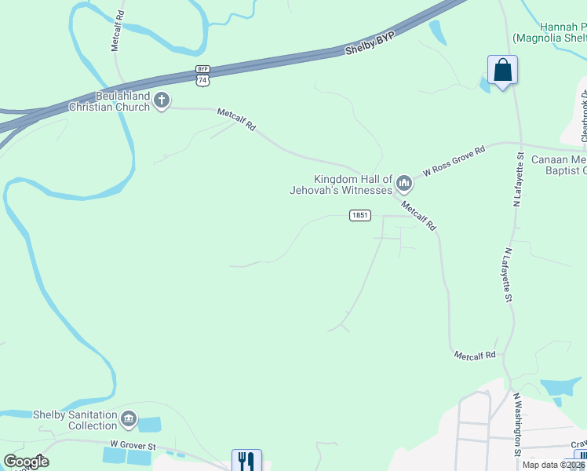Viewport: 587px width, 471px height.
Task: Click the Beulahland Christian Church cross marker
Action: point(162,100)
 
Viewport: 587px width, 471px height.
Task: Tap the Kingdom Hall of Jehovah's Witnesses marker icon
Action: point(404,184)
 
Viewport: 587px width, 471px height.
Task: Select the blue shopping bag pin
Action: point(502,71)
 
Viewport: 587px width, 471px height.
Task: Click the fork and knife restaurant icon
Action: point(246,460)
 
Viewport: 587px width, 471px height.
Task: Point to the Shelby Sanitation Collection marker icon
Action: point(129,420)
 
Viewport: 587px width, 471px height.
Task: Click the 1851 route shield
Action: point(359,215)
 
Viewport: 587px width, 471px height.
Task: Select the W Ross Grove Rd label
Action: point(454,159)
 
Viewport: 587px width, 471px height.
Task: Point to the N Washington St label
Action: point(517,425)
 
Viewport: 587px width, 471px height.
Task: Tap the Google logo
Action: point(26,462)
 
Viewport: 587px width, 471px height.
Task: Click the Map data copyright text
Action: point(554,465)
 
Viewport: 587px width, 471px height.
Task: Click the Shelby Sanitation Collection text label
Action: point(75,420)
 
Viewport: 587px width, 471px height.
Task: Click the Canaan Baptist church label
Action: point(559,165)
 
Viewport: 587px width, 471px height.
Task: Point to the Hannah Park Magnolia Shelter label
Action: point(549,31)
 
